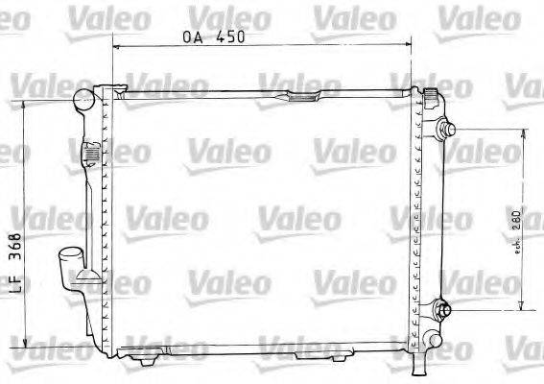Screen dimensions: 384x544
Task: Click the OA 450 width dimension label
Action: pyautogui.click(x=214, y=37)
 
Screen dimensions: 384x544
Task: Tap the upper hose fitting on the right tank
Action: pyautogui.click(x=447, y=132)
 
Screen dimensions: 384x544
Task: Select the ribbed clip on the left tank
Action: pyautogui.click(x=90, y=152)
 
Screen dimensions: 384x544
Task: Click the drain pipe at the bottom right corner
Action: pyautogui.click(x=418, y=363)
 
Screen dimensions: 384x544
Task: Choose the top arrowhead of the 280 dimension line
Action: pyautogui.click(x=521, y=136)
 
